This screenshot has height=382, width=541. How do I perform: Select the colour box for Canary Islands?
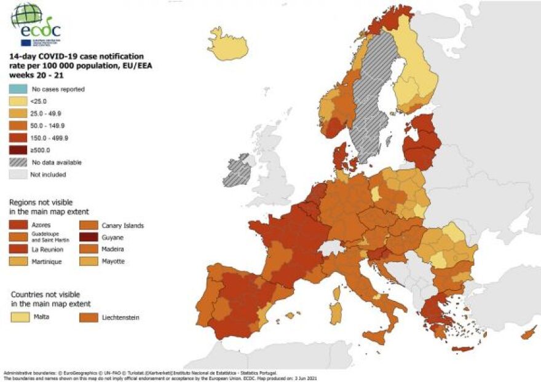click(x=90, y=225)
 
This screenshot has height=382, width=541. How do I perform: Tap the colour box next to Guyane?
click(x=90, y=238)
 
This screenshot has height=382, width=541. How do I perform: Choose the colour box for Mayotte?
click(x=90, y=261)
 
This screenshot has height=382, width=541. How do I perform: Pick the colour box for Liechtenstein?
click(x=90, y=318)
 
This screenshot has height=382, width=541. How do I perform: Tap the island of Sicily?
click(x=376, y=335)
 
